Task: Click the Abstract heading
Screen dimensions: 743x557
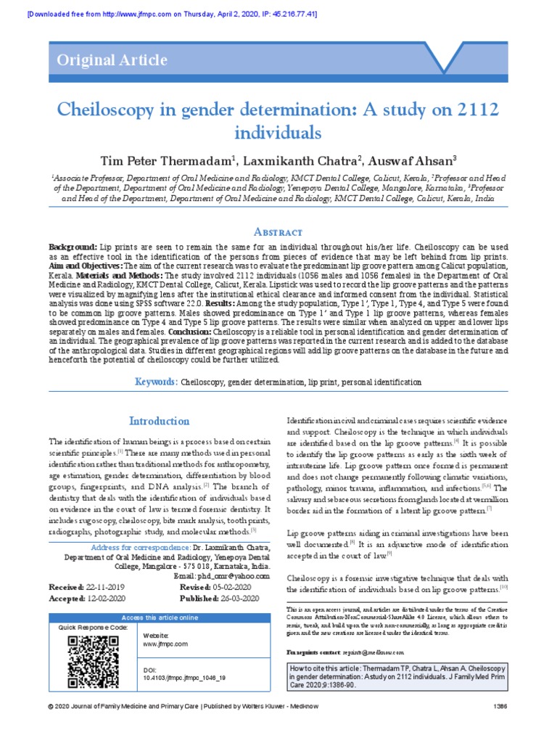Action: coord(278,231)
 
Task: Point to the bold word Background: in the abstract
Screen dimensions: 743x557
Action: coord(73,248)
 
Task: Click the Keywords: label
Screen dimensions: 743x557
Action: coord(156,382)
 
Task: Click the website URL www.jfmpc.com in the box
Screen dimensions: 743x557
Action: coord(166,644)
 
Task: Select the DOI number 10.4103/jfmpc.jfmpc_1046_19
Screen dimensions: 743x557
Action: coord(186,677)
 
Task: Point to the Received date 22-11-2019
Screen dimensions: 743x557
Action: coord(102,586)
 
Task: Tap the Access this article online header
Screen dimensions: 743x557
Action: coord(157,617)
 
